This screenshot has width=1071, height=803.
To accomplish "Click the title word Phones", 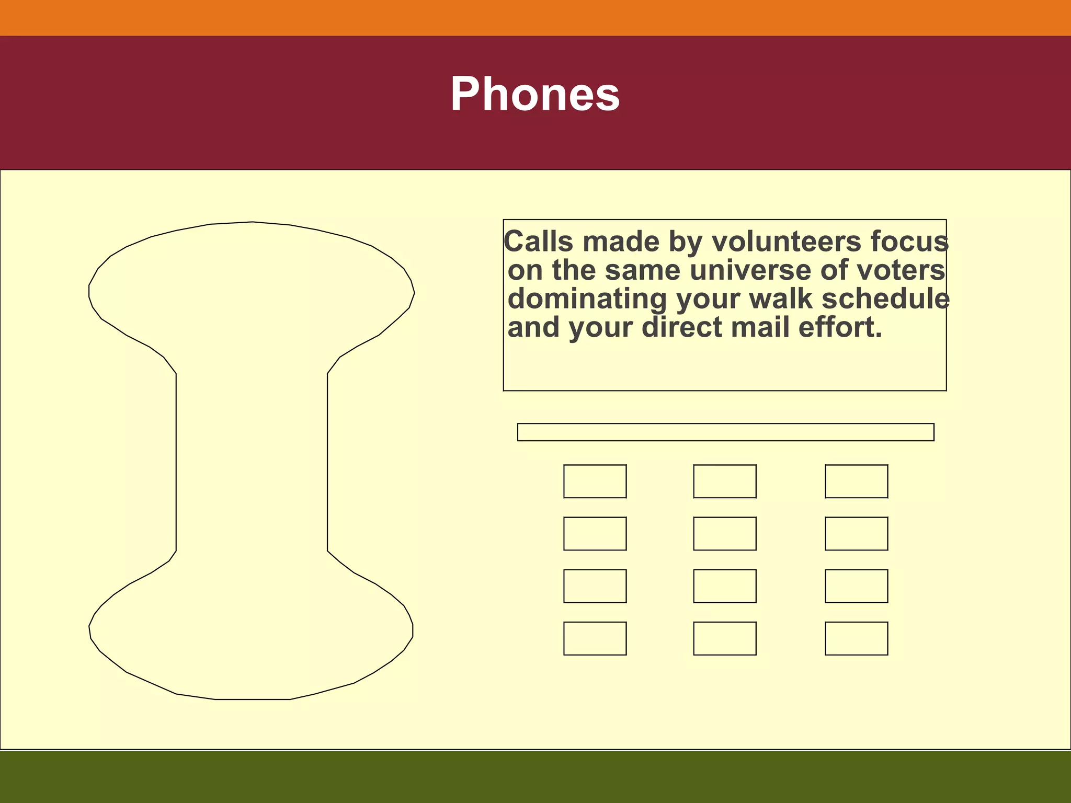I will pos(535,95).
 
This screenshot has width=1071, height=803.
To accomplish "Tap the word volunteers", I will pos(787,242).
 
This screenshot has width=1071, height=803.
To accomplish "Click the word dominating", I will pos(587,300).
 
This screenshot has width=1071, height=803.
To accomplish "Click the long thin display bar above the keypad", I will pos(725,432).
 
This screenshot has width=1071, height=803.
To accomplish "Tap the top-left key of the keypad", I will pos(595,481).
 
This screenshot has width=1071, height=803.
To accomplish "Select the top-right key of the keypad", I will pos(856,481).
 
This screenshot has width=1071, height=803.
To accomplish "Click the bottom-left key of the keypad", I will pos(595,638).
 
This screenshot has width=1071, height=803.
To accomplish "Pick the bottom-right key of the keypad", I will pos(856,638).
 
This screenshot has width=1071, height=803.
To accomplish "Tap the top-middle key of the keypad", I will pos(725,481).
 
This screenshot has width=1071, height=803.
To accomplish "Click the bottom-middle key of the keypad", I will pos(725,638).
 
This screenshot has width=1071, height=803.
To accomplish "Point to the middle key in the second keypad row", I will pos(725,534).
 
